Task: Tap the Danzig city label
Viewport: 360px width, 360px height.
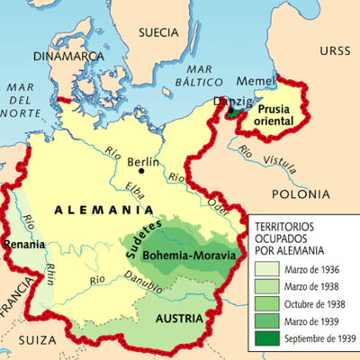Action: coord(231,102)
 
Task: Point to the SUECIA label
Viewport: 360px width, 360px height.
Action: coord(159,32)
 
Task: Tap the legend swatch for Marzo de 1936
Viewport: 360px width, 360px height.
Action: coord(266,268)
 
